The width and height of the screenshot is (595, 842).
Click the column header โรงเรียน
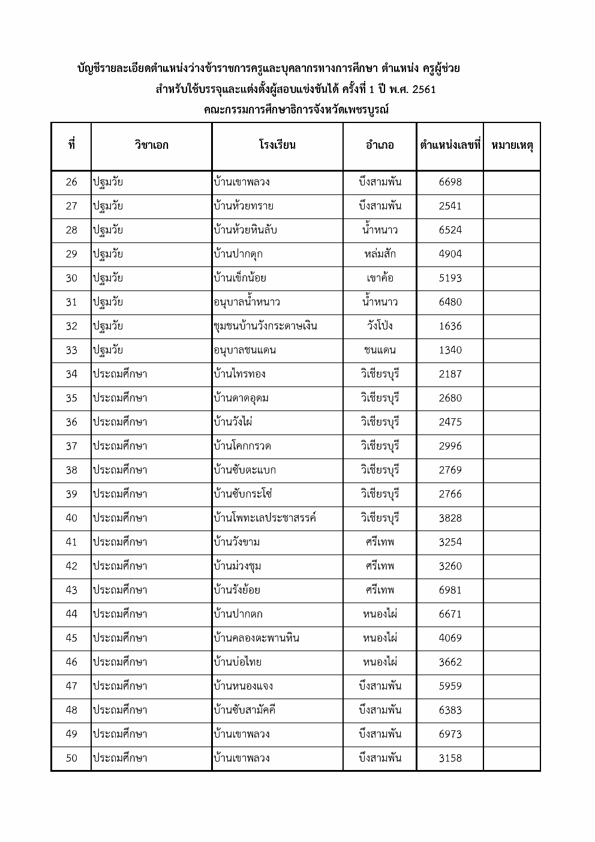(277, 145)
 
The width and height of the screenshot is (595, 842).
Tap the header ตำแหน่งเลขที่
(450, 145)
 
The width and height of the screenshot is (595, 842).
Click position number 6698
(450, 182)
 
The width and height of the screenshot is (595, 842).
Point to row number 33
(71, 350)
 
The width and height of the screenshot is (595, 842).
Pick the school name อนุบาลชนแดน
(245, 350)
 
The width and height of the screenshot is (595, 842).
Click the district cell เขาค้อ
(380, 278)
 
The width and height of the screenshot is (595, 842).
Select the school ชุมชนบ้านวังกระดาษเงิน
(265, 326)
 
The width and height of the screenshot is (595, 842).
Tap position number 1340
(450, 350)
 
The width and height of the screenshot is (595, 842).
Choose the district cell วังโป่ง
(380, 326)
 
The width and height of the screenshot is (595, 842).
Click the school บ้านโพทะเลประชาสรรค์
(265, 518)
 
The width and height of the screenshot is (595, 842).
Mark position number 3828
(450, 518)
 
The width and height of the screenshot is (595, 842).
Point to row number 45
(71, 638)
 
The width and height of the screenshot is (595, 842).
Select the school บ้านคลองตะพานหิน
(256, 638)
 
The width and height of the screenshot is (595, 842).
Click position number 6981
(450, 590)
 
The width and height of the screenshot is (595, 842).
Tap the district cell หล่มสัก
(380, 254)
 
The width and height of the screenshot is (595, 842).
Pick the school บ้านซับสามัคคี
(244, 710)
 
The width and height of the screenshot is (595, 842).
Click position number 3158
(450, 758)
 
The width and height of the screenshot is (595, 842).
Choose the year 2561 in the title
(419, 90)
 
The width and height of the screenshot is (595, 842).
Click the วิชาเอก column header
(151, 145)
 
